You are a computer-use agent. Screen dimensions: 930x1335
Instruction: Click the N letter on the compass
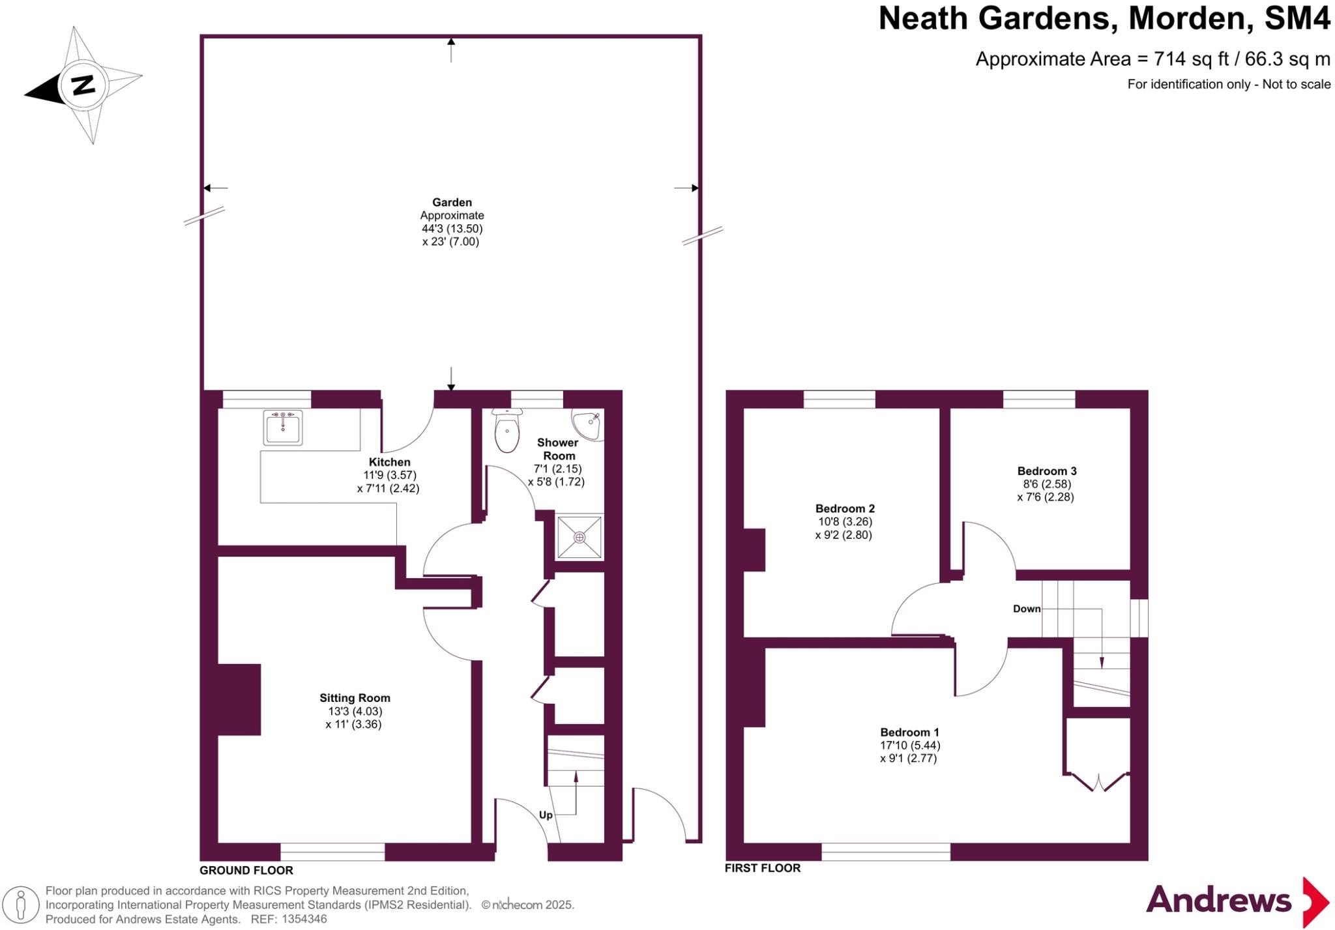coord(83,85)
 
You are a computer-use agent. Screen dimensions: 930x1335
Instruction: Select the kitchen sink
coord(283,427)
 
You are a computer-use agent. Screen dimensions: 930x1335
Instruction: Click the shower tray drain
coord(579,537)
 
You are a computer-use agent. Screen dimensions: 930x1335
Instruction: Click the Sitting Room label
coord(355,698)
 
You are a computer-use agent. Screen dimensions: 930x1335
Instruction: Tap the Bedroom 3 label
coord(1046,471)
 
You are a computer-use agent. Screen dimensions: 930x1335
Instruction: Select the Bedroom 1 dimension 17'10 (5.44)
coord(910,746)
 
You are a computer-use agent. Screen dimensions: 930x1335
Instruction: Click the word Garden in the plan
coord(452,203)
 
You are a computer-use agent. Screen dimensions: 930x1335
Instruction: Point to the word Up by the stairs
coord(546,815)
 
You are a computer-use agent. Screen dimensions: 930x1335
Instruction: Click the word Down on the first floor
coord(1027,609)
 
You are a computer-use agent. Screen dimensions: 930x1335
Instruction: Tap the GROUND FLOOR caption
coord(246,871)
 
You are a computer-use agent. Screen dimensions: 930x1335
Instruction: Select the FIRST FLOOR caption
coord(763,868)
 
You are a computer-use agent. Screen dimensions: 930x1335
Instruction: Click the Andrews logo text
coord(1218,901)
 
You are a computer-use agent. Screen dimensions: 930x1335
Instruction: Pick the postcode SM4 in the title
coord(1297,18)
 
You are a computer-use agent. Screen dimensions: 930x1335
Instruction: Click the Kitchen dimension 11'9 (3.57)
coord(389,476)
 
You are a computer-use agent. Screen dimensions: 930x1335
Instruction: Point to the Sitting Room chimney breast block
coord(239,699)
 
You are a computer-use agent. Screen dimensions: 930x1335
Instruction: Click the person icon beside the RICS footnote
coord(20,905)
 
